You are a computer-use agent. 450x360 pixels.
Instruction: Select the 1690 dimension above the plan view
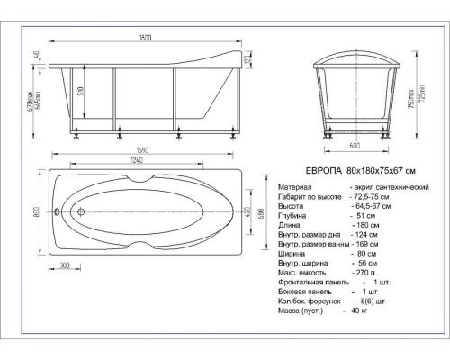[138, 151]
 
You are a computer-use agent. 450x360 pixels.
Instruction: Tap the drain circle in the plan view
[79, 213]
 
